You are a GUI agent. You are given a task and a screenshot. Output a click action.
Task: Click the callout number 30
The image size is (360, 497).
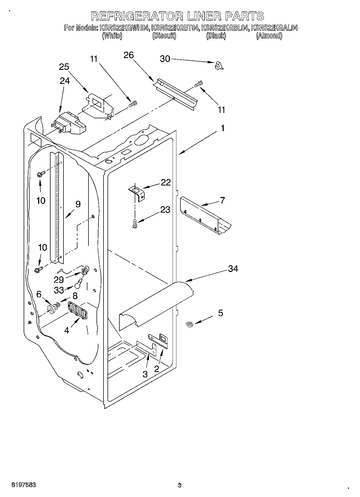pos(165,59)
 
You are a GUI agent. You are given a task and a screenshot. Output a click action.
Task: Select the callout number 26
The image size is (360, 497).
pos(129,55)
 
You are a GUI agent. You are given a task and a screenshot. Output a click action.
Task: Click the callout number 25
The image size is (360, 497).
pos(64,67)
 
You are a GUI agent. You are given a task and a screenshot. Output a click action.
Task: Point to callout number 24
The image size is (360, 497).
pos(65,81)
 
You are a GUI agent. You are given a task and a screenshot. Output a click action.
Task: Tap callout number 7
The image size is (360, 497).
pos(222,200)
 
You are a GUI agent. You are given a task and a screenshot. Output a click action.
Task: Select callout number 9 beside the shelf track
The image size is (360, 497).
pos(78,204)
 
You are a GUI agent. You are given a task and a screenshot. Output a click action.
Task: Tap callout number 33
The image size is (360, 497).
pos(59,290)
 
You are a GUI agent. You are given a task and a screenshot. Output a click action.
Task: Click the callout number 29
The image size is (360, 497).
pos(59,280)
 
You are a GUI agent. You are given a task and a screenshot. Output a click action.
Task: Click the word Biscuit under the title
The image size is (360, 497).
pos(164,36)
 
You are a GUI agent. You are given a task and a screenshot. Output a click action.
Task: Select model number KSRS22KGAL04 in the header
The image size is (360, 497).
pos(274,28)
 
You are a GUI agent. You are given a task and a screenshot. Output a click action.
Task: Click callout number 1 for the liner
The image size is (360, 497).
pos(222,128)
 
